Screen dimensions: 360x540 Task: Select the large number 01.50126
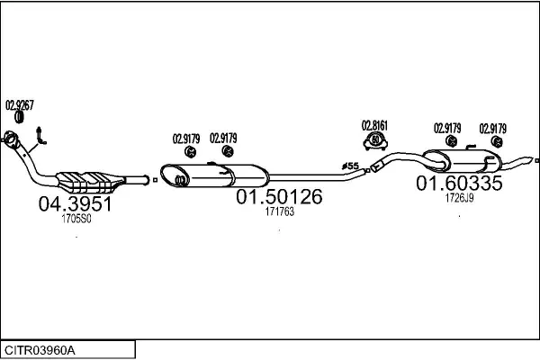[x=279, y=197]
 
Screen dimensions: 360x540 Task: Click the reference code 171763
[x=279, y=211]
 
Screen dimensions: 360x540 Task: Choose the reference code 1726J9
[x=459, y=199]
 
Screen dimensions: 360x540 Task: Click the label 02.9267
[x=20, y=104]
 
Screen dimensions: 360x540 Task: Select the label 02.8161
[x=374, y=124]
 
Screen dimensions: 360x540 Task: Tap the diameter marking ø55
[x=351, y=166]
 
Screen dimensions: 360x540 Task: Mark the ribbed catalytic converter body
[x=90, y=181]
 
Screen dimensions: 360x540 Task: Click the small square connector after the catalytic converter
[x=155, y=180]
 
